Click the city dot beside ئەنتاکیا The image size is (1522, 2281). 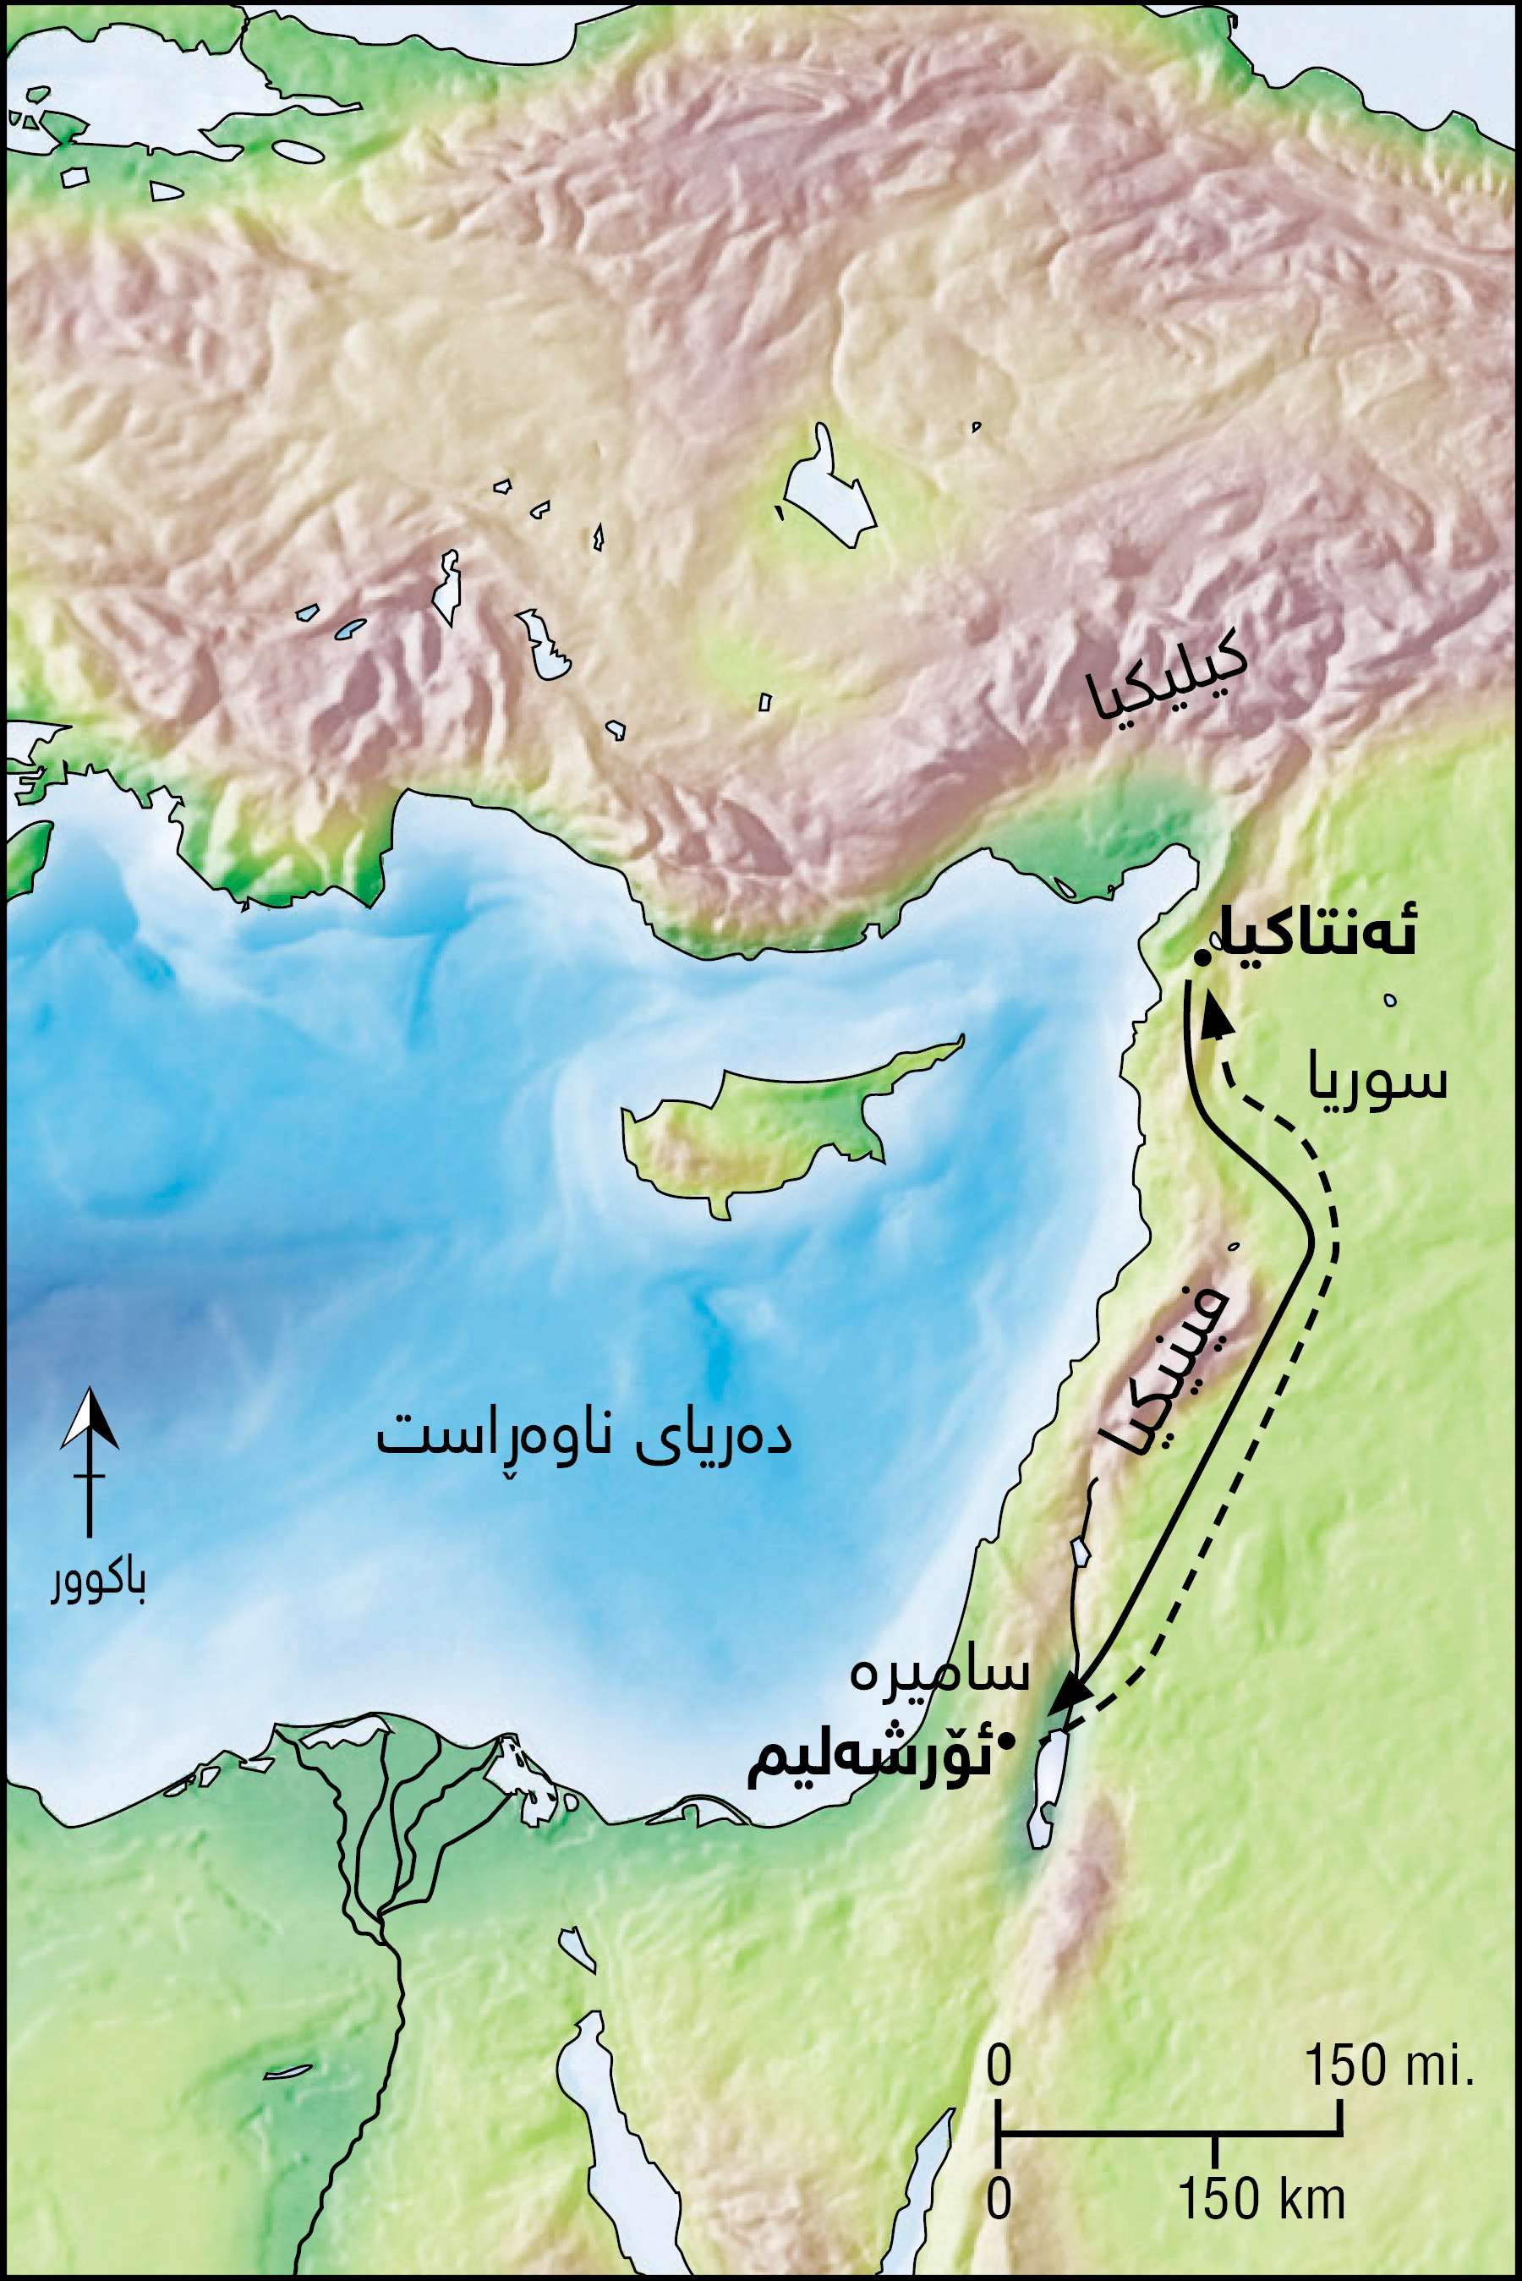pyautogui.click(x=1202, y=959)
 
